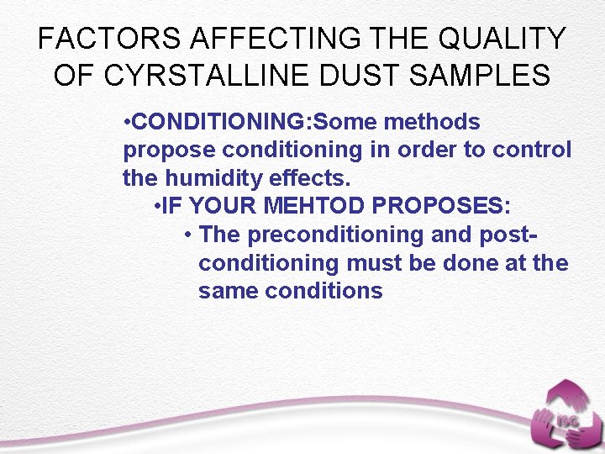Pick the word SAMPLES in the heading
pos(481,75)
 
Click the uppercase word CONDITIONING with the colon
pos(222,123)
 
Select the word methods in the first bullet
pos(432,123)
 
